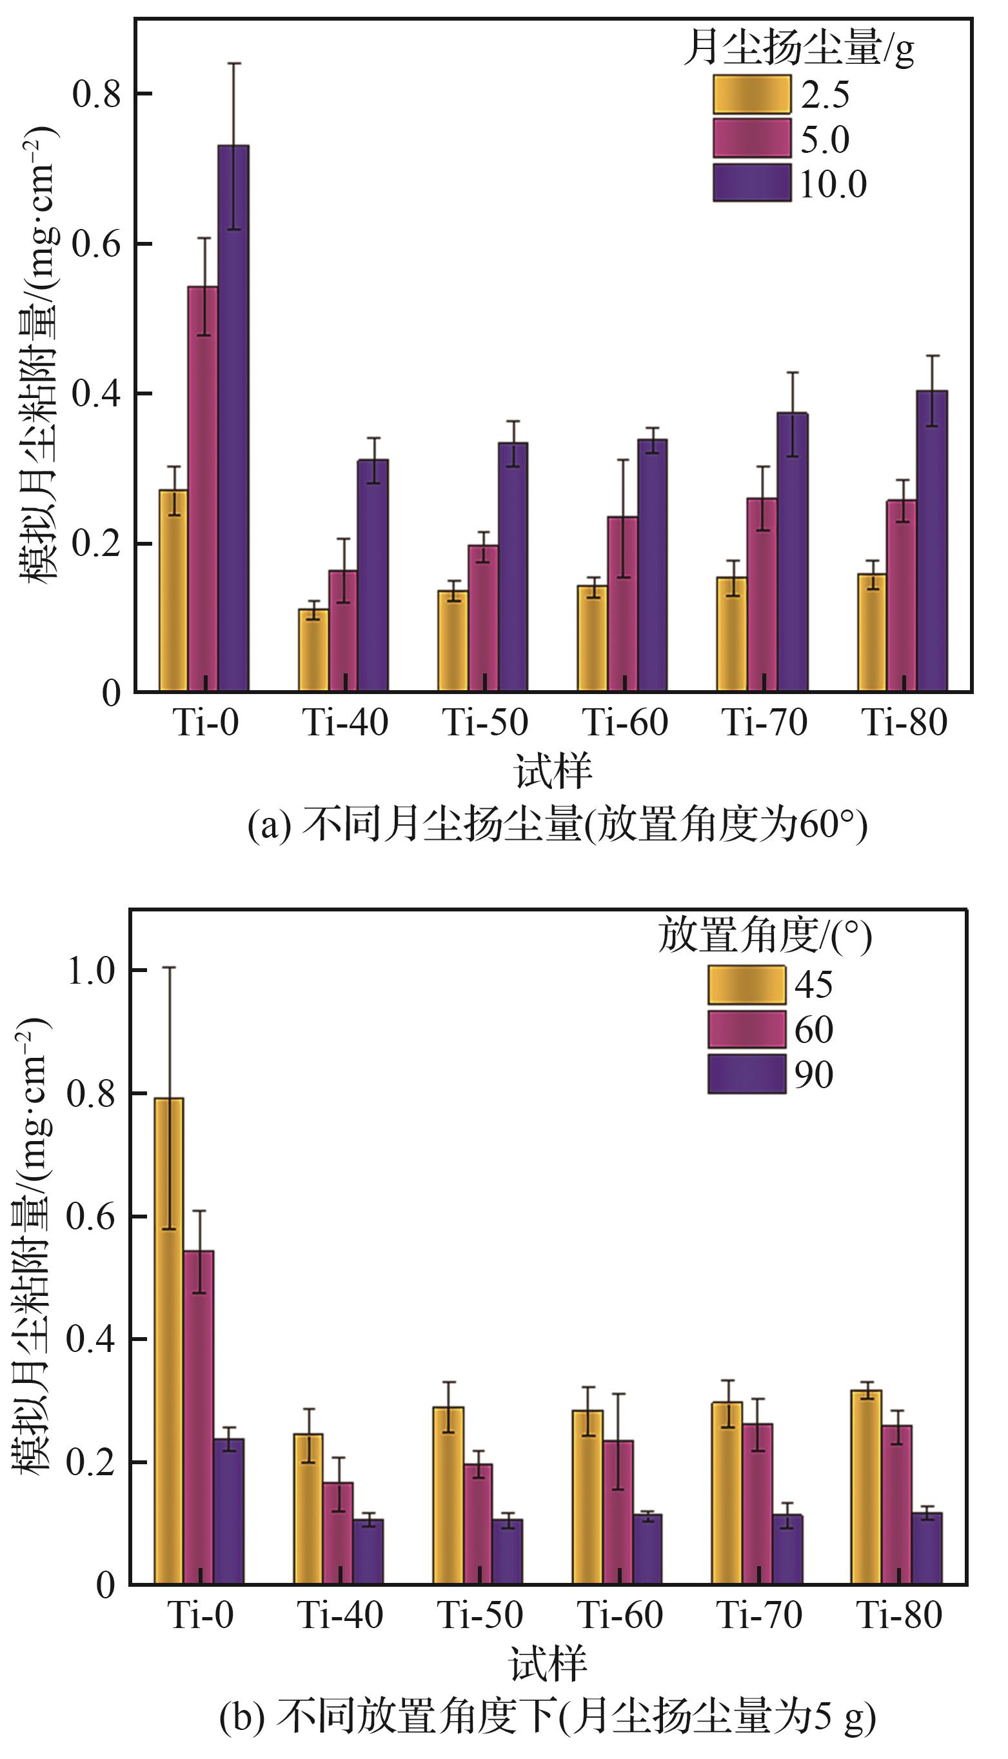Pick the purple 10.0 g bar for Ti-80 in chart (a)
click(932, 540)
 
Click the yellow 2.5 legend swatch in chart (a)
click(752, 94)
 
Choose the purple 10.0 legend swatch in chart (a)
click(752, 183)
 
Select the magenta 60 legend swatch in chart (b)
click(746, 1029)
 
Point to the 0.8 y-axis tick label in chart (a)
click(97, 94)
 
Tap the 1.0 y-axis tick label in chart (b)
click(91, 971)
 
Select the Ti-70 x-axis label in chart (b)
click(759, 1615)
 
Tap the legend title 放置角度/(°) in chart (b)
click(764, 936)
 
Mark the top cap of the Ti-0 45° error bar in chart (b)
click(169, 968)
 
